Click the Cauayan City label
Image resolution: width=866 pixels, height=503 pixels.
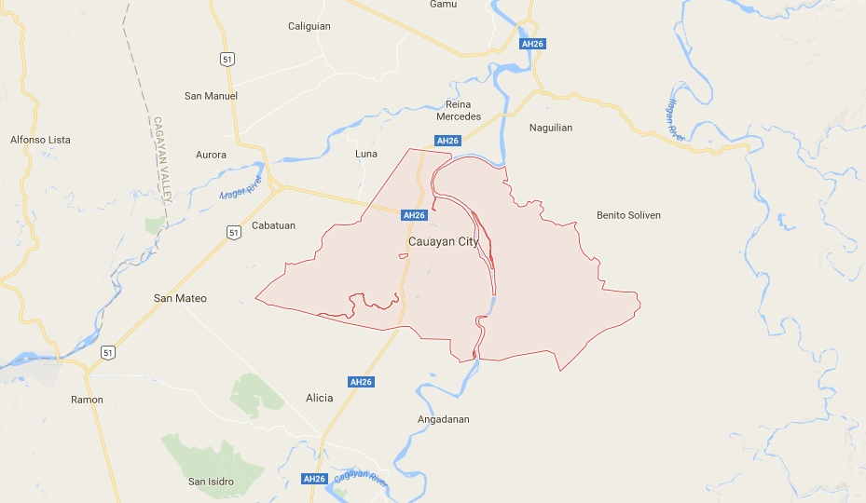coord(443,241)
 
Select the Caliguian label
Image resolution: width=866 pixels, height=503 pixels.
coord(309,26)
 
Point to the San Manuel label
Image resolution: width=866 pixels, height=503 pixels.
coord(211,96)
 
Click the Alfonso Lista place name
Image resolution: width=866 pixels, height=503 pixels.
coord(40,140)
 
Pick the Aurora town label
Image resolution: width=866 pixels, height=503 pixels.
coord(211,155)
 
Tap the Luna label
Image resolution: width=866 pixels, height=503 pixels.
coord(366,154)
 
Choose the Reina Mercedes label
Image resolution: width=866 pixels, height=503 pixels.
coord(459,110)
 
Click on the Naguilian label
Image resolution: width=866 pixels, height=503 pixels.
coord(551,128)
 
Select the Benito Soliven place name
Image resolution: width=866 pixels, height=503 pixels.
coord(628,215)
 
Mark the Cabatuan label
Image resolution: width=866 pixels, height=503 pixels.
coord(273,225)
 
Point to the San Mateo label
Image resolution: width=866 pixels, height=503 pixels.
coord(180,298)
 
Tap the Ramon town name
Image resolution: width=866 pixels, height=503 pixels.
coord(87,400)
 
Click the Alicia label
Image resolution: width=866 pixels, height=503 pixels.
coord(319,398)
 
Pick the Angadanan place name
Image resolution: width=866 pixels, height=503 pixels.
coord(443,419)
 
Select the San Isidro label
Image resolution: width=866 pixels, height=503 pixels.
coord(211,482)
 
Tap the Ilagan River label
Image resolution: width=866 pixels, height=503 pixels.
coord(677,119)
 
